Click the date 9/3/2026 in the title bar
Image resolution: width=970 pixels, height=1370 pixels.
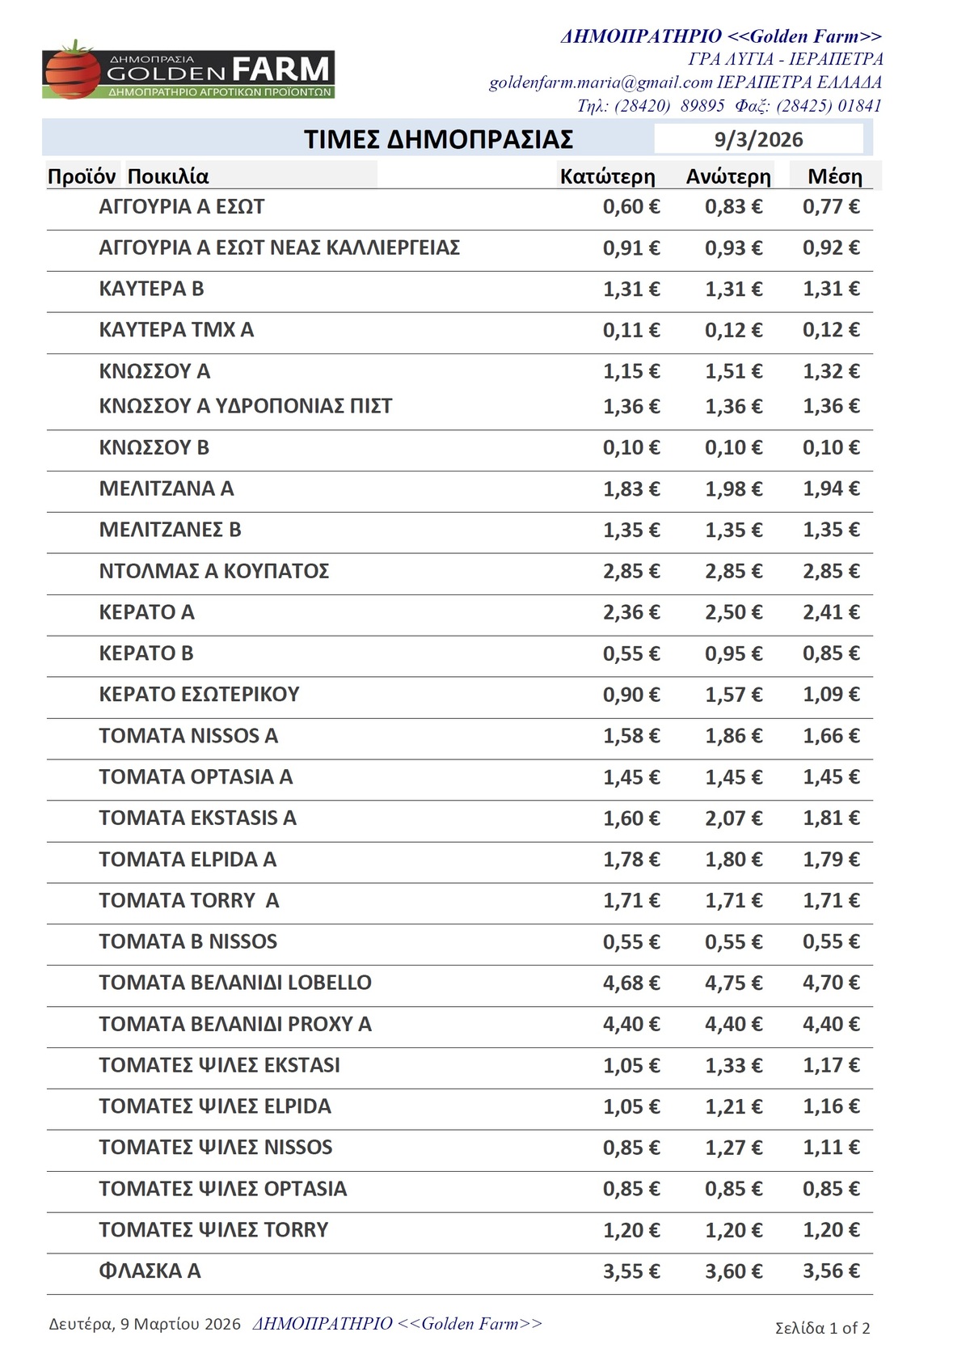(758, 139)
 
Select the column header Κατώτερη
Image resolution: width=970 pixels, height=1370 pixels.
(607, 176)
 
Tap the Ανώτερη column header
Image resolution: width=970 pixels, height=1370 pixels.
(728, 176)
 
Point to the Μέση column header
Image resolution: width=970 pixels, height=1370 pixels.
(834, 176)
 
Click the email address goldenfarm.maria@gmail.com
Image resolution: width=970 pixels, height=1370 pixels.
(601, 82)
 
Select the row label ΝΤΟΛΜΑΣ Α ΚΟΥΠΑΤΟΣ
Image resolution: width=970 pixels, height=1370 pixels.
(213, 571)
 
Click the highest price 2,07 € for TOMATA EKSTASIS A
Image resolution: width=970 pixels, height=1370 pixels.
(733, 818)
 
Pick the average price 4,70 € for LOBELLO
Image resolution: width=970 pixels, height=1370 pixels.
(831, 983)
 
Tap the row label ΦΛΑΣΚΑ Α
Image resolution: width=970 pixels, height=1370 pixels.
(150, 1271)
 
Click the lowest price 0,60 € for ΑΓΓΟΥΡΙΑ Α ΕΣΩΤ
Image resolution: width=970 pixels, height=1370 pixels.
(631, 207)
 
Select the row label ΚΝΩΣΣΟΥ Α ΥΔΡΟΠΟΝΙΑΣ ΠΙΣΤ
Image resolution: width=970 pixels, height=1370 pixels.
(245, 406)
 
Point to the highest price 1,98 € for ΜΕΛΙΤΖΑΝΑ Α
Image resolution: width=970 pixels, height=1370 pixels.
(733, 489)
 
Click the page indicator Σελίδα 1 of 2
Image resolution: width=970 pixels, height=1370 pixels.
(822, 1328)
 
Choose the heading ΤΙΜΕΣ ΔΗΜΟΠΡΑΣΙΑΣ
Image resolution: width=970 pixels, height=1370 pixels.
(438, 139)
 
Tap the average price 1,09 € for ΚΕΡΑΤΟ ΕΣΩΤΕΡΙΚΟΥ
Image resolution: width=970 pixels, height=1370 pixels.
(831, 695)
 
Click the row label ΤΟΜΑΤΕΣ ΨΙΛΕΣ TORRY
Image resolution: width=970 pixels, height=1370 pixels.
(213, 1229)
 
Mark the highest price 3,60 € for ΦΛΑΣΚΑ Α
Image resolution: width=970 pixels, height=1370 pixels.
(733, 1271)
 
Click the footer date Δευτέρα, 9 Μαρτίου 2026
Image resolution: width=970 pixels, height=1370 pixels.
(145, 1324)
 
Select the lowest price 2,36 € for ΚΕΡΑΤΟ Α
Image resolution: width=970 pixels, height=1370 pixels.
(631, 612)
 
